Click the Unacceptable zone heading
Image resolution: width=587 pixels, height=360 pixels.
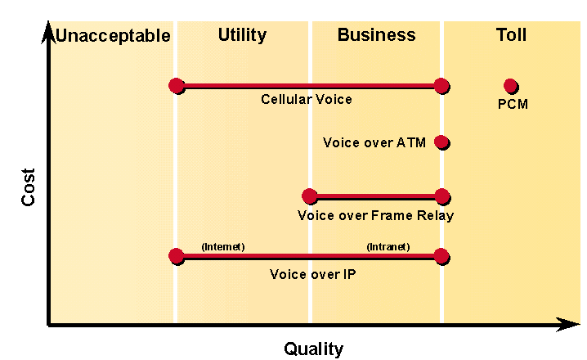click(x=113, y=36)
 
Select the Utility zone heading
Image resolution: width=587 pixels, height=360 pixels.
click(x=242, y=35)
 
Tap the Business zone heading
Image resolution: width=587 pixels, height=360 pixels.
click(x=376, y=35)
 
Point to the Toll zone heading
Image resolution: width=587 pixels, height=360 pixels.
click(x=511, y=35)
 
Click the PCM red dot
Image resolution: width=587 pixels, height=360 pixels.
click(x=510, y=86)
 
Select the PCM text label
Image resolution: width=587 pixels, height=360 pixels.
click(x=513, y=104)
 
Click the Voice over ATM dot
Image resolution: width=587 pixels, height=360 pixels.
click(x=441, y=142)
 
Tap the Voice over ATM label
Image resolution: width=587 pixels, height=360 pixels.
click(x=374, y=142)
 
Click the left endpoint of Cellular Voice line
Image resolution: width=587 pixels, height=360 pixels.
click(x=177, y=86)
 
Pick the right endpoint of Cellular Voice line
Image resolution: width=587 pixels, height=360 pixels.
click(x=441, y=86)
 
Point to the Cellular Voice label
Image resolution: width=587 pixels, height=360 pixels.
click(x=307, y=99)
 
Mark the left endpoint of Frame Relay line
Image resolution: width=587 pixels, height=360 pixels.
click(x=310, y=196)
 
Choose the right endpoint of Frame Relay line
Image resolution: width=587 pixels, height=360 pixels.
click(x=442, y=196)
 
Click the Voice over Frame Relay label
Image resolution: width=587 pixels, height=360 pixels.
click(x=375, y=216)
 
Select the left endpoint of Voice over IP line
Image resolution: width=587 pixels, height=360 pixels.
click(x=177, y=256)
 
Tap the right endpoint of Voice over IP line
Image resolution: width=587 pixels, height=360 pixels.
click(x=441, y=256)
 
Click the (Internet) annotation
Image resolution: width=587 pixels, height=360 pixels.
click(x=223, y=247)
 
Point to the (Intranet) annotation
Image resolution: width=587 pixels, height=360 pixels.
click(x=388, y=247)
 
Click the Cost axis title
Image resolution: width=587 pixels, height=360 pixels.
click(x=28, y=187)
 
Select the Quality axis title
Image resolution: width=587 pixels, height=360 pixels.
click(x=313, y=349)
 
